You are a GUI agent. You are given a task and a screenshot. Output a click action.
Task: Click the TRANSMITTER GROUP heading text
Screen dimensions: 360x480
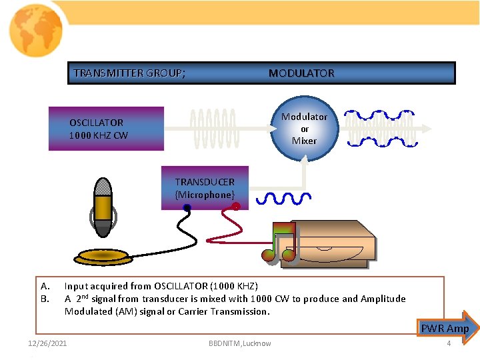coord(129,73)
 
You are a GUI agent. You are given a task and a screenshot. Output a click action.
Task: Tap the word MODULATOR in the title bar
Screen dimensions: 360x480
coord(301,73)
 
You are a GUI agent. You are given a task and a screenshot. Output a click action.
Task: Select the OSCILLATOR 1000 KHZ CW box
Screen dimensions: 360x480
coord(105,128)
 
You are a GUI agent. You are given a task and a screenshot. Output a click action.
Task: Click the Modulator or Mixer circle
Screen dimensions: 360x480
coord(304,128)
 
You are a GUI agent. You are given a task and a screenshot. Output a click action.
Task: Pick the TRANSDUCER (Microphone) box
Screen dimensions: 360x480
coord(205,188)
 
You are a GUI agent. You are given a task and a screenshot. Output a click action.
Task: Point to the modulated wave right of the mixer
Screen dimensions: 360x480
coord(378,127)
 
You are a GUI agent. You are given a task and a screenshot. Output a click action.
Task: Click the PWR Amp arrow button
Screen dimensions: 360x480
coord(447,327)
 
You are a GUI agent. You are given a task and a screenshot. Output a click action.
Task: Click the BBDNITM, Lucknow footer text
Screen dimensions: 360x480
coord(239,343)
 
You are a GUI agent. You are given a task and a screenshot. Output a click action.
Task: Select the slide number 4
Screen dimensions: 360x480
coord(449,343)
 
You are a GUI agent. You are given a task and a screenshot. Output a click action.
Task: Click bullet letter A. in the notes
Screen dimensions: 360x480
coord(45,286)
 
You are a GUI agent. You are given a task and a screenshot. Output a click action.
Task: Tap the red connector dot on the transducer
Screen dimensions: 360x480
coord(236,207)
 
